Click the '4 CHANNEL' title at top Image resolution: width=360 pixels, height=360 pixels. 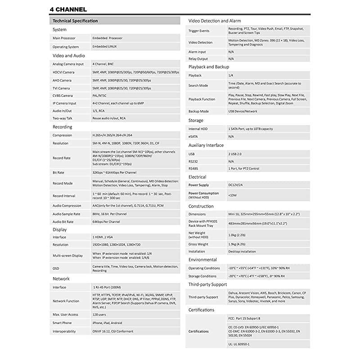[68, 9]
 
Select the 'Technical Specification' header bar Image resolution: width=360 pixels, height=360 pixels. [75, 21]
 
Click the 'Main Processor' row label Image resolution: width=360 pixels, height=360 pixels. [64, 38]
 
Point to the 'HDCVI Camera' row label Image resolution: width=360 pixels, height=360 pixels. [63, 72]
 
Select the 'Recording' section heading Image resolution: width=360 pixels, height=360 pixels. [63, 127]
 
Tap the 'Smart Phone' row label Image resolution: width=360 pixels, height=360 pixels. [62, 323]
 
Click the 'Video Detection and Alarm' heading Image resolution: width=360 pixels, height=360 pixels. [215, 21]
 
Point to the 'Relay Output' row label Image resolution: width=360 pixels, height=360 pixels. [198, 58]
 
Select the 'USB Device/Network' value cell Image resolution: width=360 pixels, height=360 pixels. [243, 111]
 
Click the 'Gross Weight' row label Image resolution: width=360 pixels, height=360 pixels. [198, 243]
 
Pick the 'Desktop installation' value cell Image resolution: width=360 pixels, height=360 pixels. [242, 252]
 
